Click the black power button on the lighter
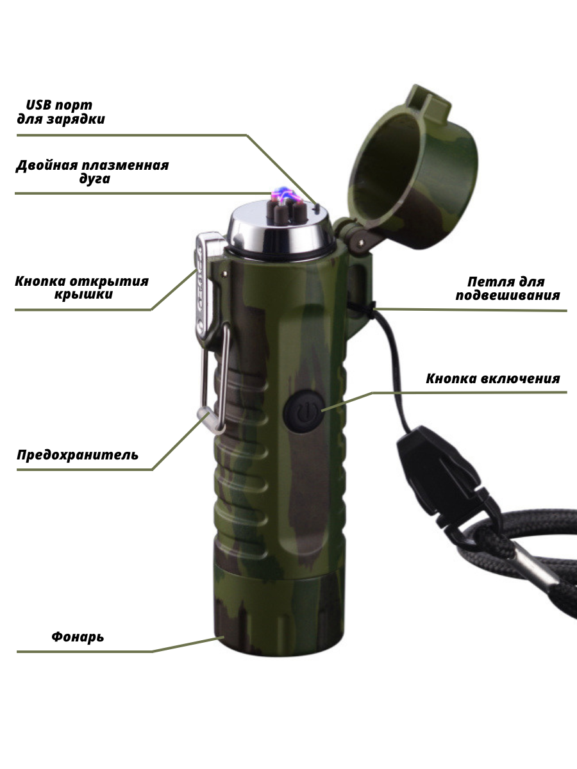(x=303, y=411)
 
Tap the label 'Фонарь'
(x=78, y=636)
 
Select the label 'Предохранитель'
(x=78, y=454)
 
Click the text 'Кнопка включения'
(x=492, y=378)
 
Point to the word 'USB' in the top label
(x=39, y=104)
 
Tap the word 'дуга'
(x=95, y=179)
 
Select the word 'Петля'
(x=485, y=282)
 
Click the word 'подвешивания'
(x=508, y=295)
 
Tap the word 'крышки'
(x=83, y=294)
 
